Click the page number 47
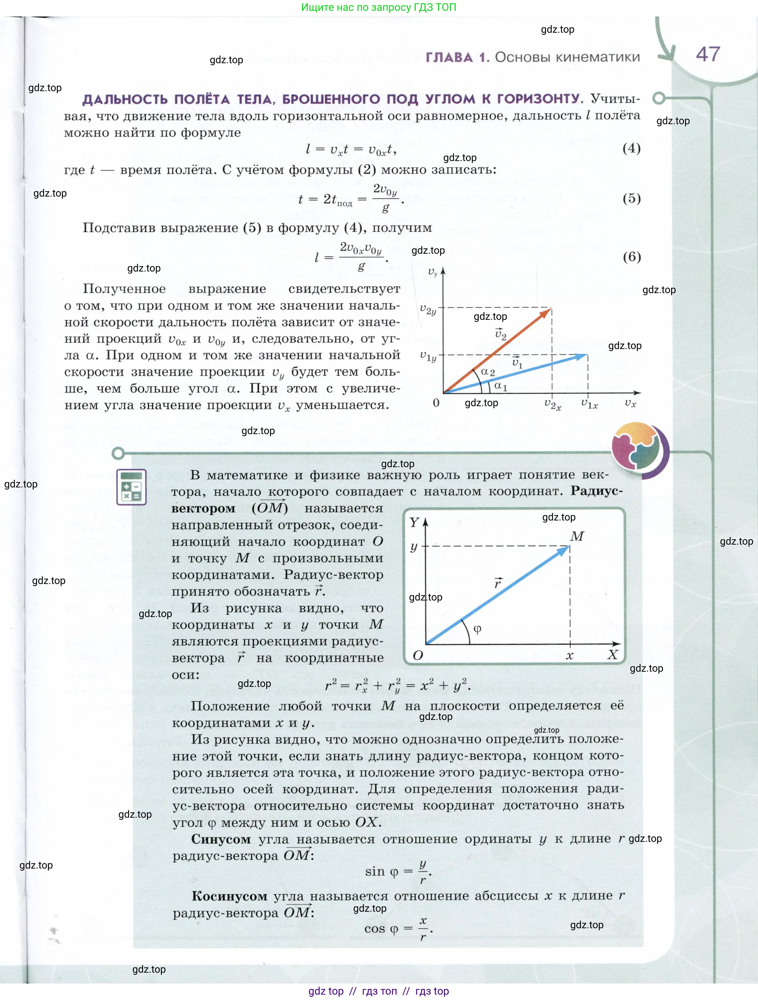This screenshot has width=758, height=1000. [708, 54]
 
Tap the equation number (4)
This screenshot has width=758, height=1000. [631, 148]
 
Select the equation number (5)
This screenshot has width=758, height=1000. [631, 198]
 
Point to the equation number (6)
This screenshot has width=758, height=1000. [631, 257]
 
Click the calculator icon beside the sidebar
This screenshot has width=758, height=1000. [131, 487]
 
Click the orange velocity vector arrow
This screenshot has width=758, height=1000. [497, 350]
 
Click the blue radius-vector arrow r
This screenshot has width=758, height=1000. [497, 595]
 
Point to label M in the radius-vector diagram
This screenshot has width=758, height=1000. [577, 536]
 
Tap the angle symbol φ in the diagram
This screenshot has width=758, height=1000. [477, 629]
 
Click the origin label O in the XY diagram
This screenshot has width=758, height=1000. [418, 655]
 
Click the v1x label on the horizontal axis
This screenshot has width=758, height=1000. [589, 404]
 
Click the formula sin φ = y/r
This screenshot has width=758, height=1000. [398, 872]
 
